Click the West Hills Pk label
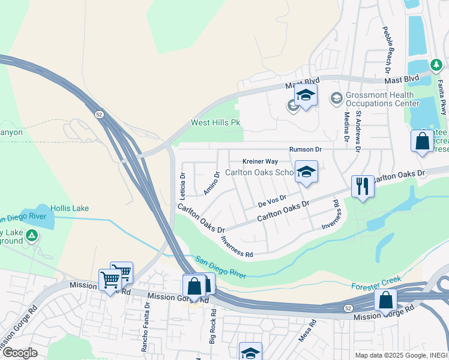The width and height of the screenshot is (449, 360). pos(215,123)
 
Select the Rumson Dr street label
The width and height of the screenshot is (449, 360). pos(306,149)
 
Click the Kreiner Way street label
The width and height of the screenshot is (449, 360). pos(260,161)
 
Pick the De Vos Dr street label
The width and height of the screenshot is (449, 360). pos(273,199)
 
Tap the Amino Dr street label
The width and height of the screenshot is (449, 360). pos(212,183)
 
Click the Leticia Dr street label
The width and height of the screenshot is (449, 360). pos(183,187)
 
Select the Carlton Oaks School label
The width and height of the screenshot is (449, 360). pos(260,172)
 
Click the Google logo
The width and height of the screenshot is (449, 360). pos(20,353)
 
